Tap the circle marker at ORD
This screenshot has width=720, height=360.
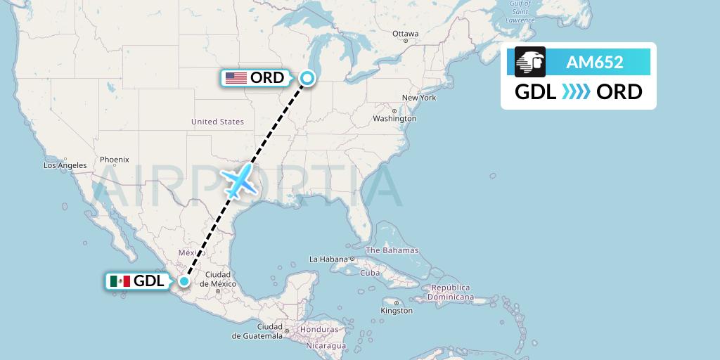[307, 78]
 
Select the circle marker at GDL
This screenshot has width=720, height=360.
[184, 281]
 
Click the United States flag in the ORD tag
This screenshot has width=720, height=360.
[236, 78]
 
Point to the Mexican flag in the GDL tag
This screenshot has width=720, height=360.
[120, 281]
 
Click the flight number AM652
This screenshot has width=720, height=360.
[595, 62]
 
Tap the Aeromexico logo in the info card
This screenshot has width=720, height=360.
[530, 62]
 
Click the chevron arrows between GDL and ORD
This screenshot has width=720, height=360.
[577, 92]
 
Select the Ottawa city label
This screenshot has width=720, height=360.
[405, 34]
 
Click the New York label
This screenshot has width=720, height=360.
[419, 98]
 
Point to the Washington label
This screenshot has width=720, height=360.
[394, 119]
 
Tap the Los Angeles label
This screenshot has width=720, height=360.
[65, 166]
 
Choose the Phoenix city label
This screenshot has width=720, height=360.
[114, 160]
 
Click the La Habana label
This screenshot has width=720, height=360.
[329, 259]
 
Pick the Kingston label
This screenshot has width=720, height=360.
[397, 310]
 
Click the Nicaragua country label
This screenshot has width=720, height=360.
[326, 346]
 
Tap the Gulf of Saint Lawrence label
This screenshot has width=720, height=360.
[520, 12]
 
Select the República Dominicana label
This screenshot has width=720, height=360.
[453, 292]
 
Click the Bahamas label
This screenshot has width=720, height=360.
[392, 250]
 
